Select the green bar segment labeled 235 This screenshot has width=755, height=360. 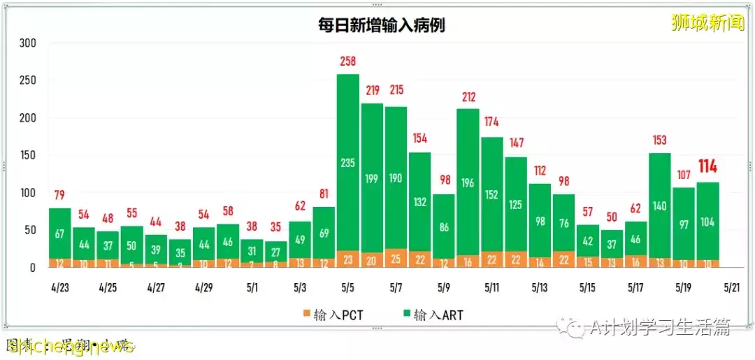click(348, 162)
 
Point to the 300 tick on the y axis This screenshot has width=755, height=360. click(27, 43)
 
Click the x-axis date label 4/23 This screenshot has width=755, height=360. click(59, 287)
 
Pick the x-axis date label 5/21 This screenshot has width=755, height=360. click(731, 287)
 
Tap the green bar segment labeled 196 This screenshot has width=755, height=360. click(468, 183)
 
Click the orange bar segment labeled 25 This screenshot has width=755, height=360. click(396, 259)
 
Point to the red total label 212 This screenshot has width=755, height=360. click(468, 97)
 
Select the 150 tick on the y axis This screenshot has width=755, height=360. click(27, 155)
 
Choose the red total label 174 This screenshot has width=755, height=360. click(491, 122)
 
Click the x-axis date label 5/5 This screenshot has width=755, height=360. click(348, 287)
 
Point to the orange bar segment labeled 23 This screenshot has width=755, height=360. click(348, 259)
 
